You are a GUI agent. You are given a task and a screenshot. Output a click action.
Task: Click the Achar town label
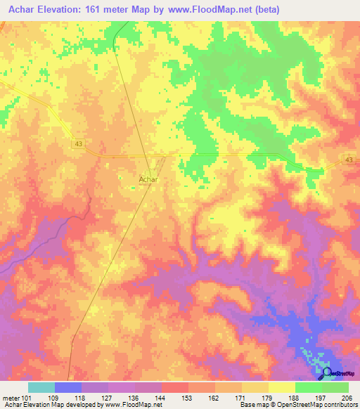[147, 180]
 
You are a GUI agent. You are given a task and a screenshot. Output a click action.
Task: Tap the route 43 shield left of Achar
[77, 144]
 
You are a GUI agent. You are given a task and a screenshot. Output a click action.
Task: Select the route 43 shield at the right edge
[349, 160]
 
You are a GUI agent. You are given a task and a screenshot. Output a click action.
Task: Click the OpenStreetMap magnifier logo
[326, 373]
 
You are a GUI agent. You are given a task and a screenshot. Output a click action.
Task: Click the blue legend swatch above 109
[67, 387]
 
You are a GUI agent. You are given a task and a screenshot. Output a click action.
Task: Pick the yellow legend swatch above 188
[281, 387]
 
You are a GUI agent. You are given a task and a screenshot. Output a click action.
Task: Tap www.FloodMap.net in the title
[217, 10]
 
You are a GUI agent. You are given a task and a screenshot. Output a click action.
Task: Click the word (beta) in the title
[266, 10]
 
